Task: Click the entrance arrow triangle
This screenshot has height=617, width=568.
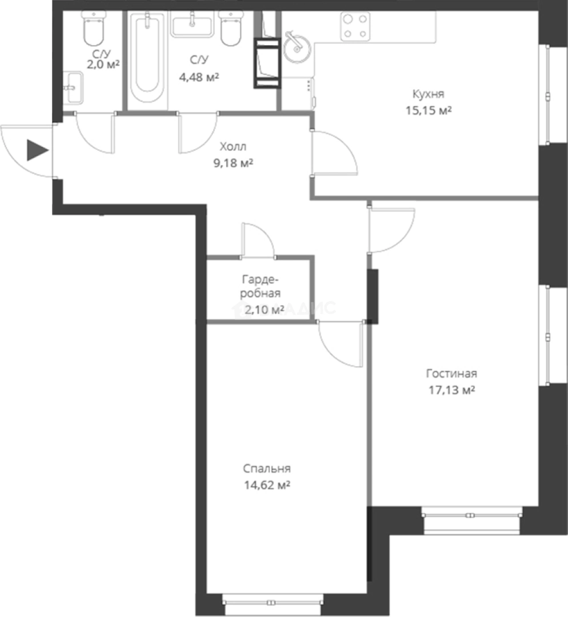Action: coord(37,150)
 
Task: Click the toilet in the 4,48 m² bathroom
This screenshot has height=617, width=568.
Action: coord(231,27)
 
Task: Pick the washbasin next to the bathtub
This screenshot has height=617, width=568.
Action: coord(192,24)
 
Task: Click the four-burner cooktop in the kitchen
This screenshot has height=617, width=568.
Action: coord(355,26)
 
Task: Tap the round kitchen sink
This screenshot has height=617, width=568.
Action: coord(296,47)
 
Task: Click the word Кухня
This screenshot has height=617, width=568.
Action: coord(428,94)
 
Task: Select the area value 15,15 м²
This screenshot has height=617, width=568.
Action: coord(429,111)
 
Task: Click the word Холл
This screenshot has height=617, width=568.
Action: coord(233,147)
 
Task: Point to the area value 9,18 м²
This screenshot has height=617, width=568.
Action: coord(233,163)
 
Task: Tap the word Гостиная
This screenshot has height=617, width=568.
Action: coord(451,374)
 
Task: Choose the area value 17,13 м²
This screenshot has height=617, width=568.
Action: coord(451,390)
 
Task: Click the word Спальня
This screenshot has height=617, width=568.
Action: coord(267,468)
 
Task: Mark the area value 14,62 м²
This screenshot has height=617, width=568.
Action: coord(267,485)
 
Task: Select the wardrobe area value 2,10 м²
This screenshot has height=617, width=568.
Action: coord(264,310)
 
